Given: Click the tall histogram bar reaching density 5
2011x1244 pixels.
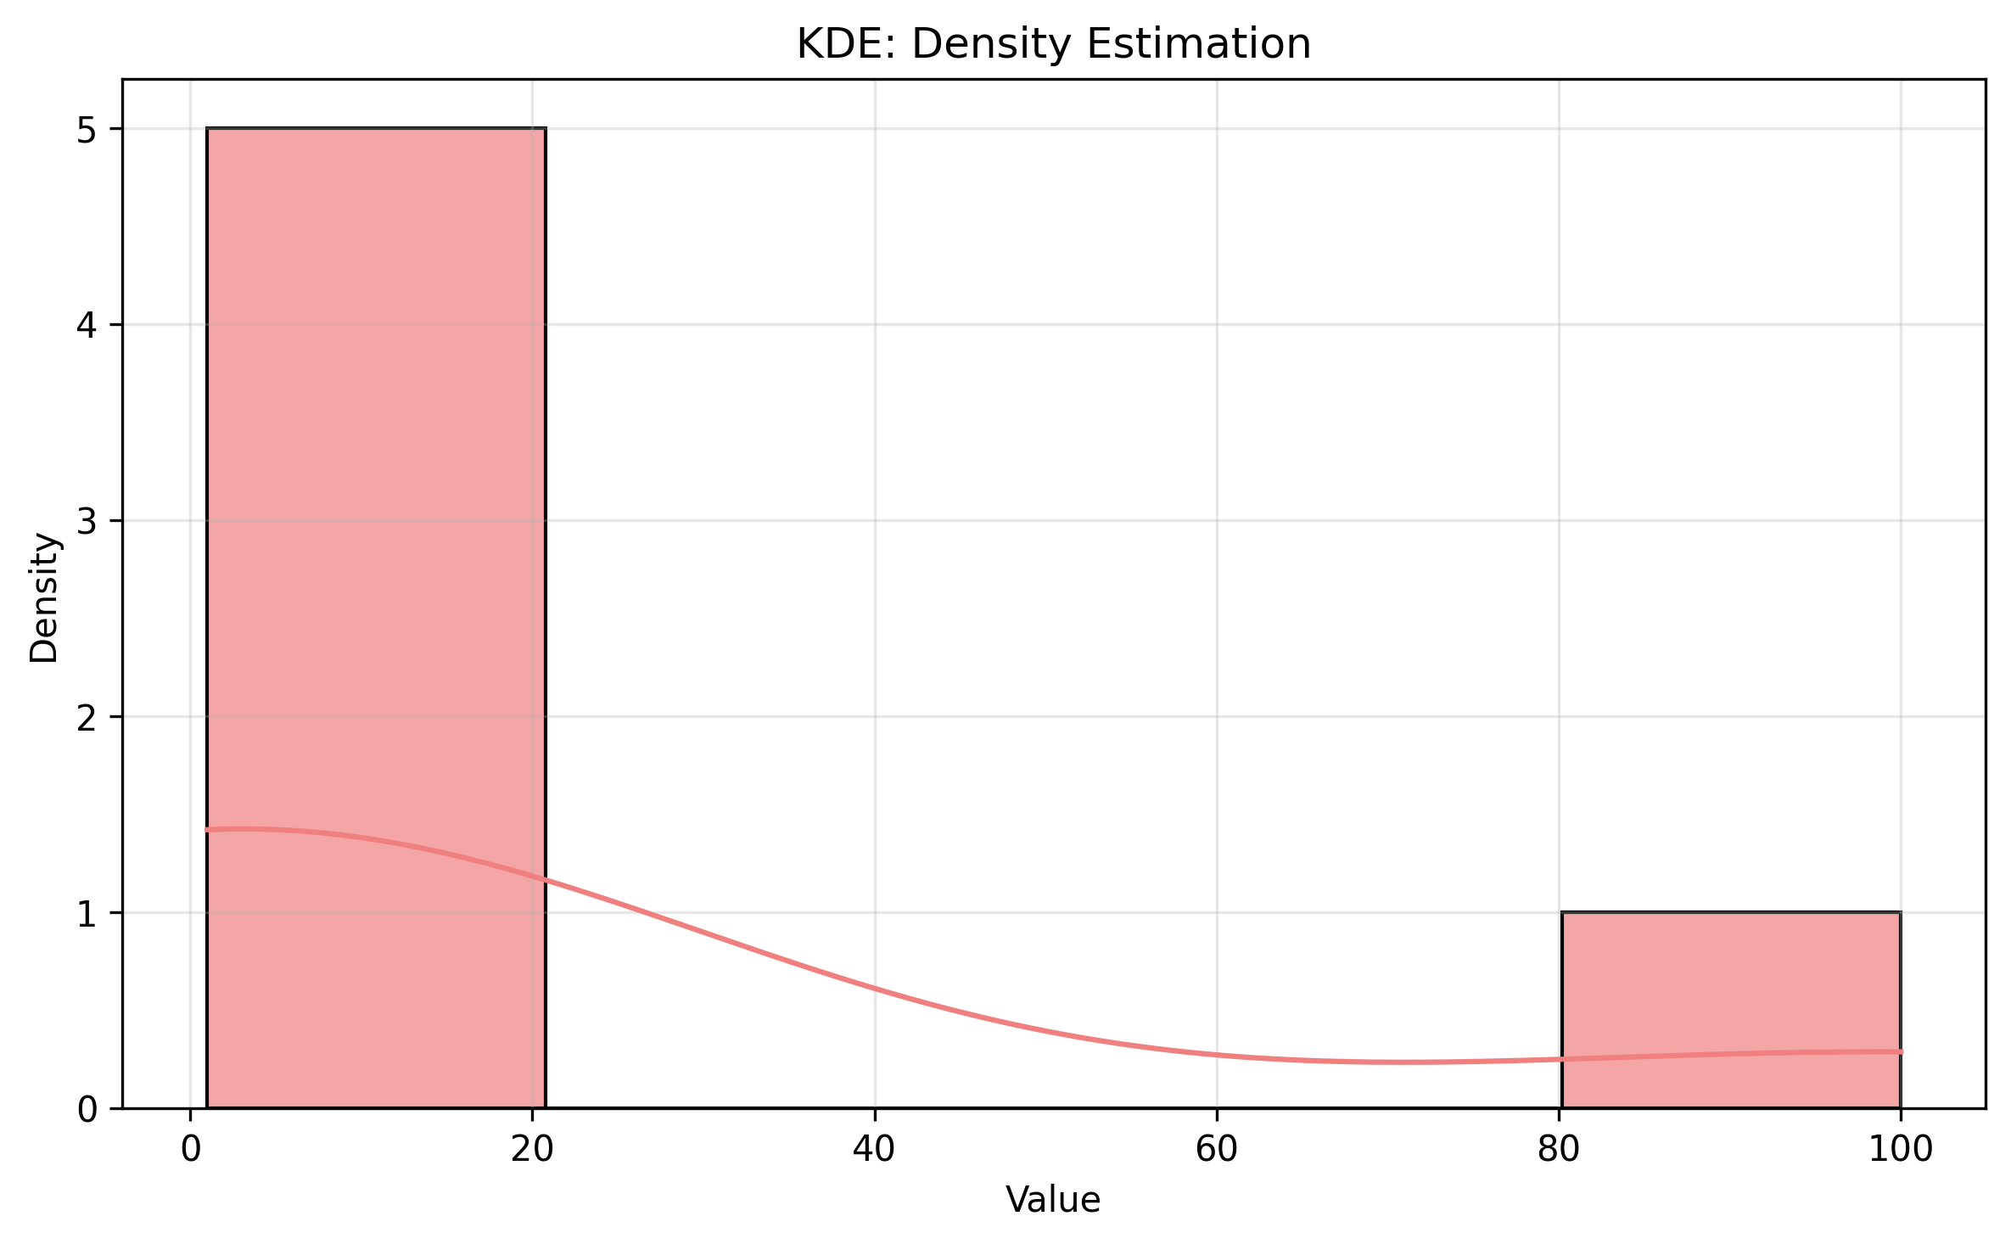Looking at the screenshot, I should coord(376,509).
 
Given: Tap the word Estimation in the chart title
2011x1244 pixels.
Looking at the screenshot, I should coord(1198,44).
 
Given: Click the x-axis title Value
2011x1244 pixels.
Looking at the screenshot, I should coord(1053,1201).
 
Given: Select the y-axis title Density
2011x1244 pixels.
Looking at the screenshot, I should coord(44,597).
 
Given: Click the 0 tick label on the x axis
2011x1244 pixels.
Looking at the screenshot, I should coord(191,1149).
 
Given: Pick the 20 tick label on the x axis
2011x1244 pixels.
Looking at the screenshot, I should coord(533,1149).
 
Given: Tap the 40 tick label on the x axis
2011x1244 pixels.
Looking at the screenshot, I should coord(875,1149).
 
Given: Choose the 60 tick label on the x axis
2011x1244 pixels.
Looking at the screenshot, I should coord(1217,1149).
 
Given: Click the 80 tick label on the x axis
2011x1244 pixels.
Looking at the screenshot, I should coord(1559,1149).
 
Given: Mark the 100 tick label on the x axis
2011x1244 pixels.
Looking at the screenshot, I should coord(1901,1149).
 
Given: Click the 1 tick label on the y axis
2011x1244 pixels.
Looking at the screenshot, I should coord(87,914).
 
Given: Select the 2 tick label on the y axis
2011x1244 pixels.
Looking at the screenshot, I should coord(87,718).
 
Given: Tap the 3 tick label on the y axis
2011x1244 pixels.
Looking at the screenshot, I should coord(87,522).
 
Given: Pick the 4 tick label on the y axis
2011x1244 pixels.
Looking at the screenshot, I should coord(87,326).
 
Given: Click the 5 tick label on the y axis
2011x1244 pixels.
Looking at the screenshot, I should coord(87,130).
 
